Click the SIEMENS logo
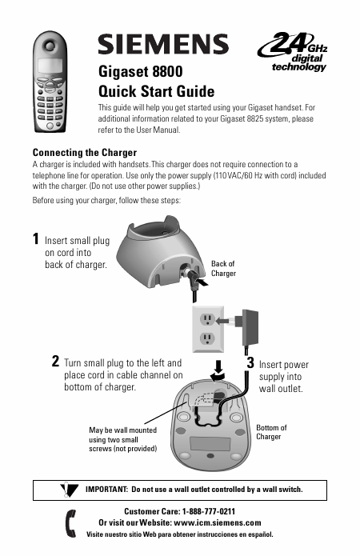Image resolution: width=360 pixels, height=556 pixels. click(x=163, y=44)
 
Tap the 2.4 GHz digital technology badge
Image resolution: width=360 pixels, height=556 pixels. click(x=293, y=52)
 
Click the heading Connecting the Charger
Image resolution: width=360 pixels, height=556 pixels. click(x=85, y=153)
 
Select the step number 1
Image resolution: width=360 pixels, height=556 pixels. click(x=35, y=238)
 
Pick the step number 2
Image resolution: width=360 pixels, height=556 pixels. click(x=55, y=362)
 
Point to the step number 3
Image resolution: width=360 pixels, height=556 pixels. click(x=250, y=362)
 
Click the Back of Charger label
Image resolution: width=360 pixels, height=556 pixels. click(x=223, y=269)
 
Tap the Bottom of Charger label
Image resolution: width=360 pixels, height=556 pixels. click(x=271, y=432)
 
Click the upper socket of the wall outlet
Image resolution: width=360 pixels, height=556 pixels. click(x=206, y=320)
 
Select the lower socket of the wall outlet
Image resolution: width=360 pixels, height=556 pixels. click(x=206, y=339)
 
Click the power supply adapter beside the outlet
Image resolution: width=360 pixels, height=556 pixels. click(x=250, y=328)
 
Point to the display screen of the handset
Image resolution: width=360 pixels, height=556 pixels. click(x=50, y=66)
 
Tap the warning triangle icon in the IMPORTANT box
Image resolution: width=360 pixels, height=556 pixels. click(x=69, y=490)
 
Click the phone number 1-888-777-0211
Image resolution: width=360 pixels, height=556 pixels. click(x=209, y=511)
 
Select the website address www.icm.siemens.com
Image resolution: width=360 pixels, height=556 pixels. click(x=218, y=522)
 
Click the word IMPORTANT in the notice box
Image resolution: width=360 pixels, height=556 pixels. click(x=106, y=490)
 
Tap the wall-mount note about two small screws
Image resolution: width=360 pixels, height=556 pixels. click(x=122, y=439)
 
